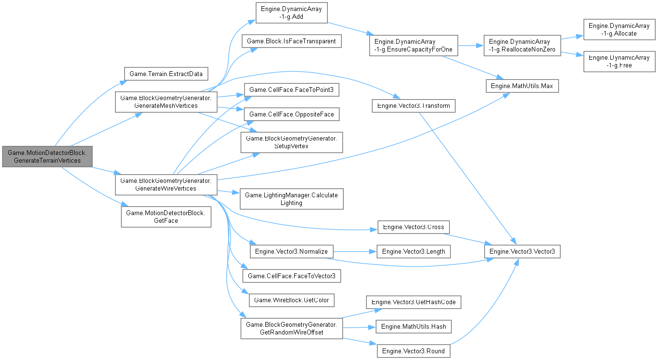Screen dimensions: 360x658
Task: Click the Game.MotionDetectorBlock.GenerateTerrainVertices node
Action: (47, 156)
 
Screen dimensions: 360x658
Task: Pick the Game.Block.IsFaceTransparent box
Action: (291, 41)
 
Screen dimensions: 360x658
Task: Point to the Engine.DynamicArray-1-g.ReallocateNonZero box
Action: (522, 46)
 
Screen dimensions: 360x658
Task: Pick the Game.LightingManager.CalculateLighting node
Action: (291, 198)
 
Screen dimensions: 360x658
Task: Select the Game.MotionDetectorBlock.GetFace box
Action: (166, 217)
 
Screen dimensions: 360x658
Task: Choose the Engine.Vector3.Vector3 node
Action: (522, 251)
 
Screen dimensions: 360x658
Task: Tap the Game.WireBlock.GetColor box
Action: (291, 300)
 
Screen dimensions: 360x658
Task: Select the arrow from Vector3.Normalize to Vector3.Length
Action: (350, 251)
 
